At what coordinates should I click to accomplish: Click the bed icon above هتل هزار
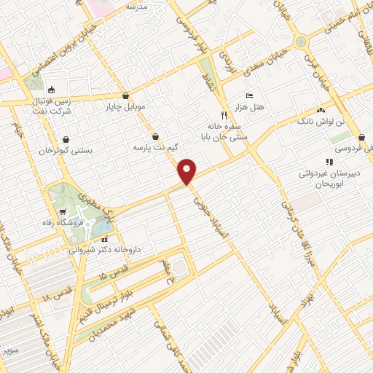point(250,95)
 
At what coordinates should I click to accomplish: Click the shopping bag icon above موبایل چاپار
point(126,95)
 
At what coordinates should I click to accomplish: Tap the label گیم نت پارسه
point(154,148)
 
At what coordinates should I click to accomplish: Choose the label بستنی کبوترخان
point(67,151)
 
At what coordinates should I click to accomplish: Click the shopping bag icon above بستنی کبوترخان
point(67,138)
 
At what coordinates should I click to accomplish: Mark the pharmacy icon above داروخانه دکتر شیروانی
point(104,238)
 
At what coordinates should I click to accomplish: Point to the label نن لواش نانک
point(321,121)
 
